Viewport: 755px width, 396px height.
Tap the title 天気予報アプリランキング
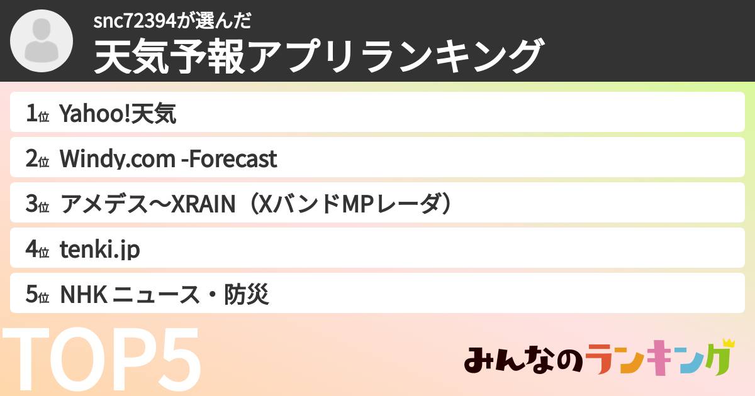pyautogui.click(x=318, y=57)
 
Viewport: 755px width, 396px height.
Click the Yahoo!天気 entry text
pyautogui.click(x=118, y=114)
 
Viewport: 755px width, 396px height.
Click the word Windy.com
pyautogui.click(x=117, y=160)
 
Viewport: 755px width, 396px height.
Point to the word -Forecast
pyautogui.click(x=228, y=160)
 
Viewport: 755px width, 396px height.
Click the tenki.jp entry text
pyautogui.click(x=99, y=250)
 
